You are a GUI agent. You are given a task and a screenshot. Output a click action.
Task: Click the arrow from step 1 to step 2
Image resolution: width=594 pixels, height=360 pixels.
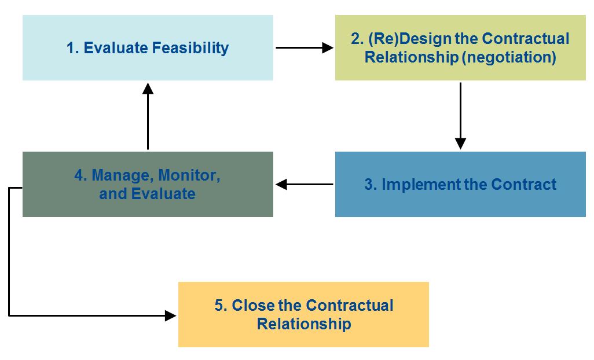coord(304,48)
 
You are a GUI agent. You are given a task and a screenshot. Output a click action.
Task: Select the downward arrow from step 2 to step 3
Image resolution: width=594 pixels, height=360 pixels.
coord(460,116)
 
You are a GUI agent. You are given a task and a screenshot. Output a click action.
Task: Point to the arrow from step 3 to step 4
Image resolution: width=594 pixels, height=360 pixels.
coord(304,185)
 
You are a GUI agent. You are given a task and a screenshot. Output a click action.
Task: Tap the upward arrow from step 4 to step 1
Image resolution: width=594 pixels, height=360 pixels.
coord(148,116)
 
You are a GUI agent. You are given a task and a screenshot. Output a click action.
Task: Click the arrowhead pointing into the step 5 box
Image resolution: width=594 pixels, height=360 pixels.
coord(170,315)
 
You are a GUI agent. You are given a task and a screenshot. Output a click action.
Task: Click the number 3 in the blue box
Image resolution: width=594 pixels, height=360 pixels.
coord(369,185)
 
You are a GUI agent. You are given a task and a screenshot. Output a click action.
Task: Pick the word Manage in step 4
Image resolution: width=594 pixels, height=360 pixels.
coord(122,175)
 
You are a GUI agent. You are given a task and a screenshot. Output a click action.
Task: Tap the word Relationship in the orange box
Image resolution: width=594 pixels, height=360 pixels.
coord(304,324)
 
